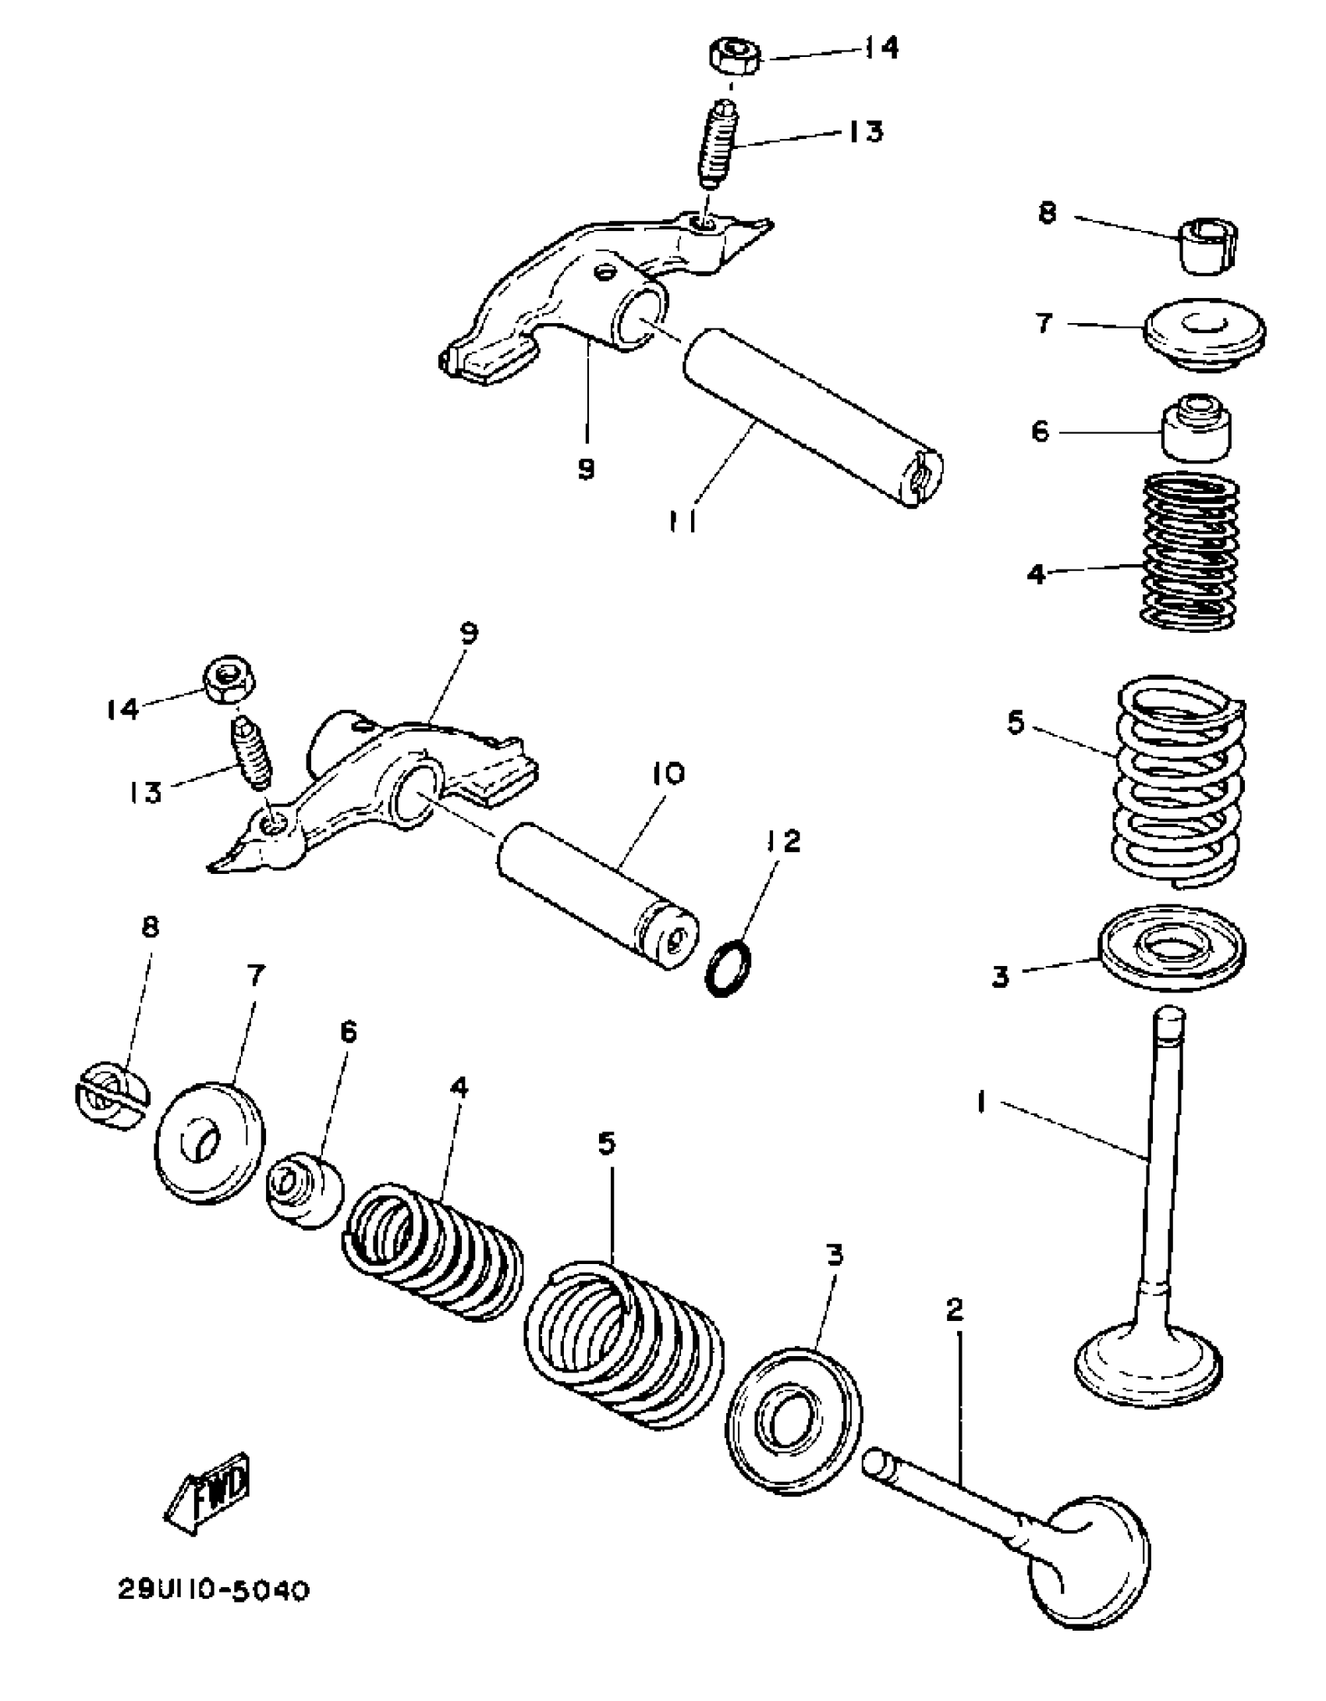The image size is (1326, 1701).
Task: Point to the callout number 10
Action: point(666,774)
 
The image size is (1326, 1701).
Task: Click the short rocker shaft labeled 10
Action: point(597,895)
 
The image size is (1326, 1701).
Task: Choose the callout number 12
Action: point(782,841)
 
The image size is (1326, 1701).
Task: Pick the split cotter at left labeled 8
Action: point(112,1093)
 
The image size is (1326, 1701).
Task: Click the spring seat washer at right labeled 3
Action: point(1172,946)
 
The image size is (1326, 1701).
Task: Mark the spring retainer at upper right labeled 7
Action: point(1204,332)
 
